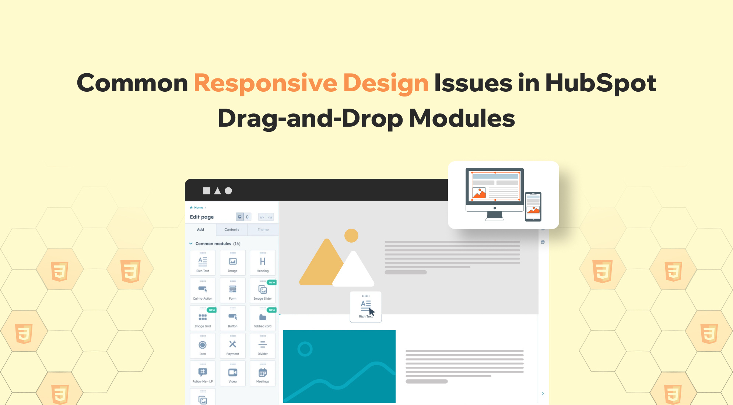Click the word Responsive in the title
(265, 83)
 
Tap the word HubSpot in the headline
(600, 83)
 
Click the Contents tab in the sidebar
(232, 230)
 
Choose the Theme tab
(263, 230)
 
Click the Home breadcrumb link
(199, 208)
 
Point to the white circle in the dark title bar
(228, 191)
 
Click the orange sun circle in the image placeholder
(351, 236)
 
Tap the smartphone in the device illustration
(533, 207)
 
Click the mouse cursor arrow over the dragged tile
(372, 312)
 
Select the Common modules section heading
(213, 244)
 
